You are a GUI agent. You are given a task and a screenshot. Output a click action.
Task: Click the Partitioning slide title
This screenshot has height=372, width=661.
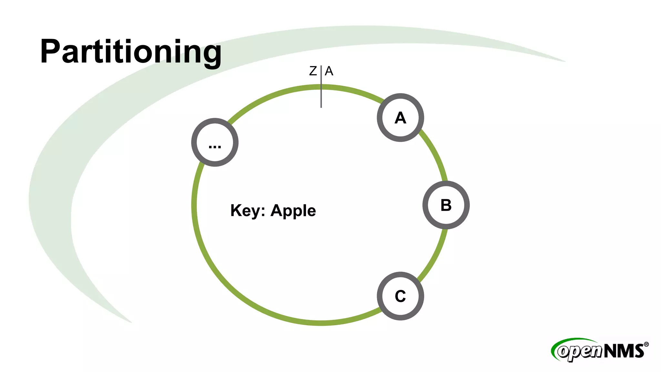131,52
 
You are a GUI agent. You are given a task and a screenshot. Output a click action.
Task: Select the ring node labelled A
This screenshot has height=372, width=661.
400,118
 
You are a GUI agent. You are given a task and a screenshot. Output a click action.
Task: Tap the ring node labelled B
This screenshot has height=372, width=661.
446,205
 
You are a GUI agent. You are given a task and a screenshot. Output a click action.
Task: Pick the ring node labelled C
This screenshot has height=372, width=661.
400,296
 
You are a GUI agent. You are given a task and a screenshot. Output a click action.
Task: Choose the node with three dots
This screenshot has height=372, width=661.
215,142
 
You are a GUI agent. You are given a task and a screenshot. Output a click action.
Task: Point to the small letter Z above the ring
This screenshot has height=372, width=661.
313,71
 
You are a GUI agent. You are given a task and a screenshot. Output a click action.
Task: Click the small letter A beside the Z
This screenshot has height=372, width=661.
329,71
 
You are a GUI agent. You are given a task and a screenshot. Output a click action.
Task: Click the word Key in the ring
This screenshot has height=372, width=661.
245,211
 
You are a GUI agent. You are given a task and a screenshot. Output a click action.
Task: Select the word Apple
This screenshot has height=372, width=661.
293,211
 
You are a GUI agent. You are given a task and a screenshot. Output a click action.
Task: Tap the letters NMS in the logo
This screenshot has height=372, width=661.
624,351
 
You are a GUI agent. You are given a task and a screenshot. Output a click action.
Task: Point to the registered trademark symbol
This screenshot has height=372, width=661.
646,345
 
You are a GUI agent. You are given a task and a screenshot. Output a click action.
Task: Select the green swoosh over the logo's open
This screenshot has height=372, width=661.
568,341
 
